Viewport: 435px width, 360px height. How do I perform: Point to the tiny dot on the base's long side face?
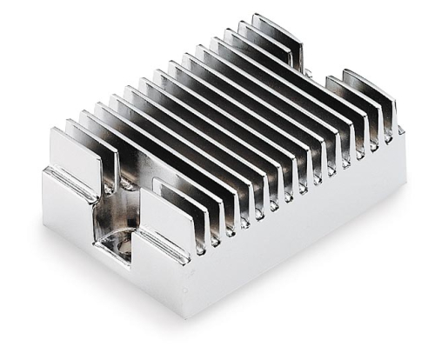[x=184, y=290]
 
